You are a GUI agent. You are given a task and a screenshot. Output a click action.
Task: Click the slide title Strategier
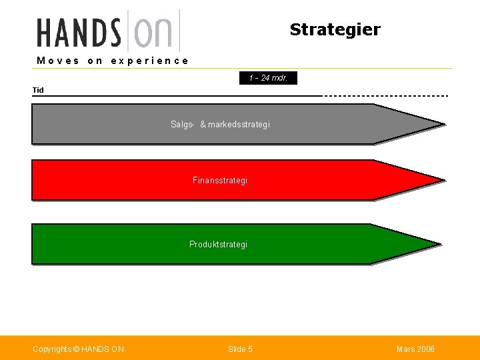pyautogui.click(x=335, y=29)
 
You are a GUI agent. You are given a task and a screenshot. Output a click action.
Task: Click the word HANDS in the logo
pyautogui.click(x=79, y=32)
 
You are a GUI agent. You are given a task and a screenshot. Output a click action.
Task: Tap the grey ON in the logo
pyautogui.click(x=153, y=32)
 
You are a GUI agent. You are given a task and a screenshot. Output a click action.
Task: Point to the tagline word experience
pyautogui.click(x=149, y=61)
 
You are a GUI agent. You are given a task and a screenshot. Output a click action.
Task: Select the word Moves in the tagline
pyautogui.click(x=58, y=61)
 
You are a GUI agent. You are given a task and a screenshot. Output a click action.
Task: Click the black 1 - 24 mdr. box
pyautogui.click(x=268, y=78)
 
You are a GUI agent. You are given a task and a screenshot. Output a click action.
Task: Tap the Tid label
pyautogui.click(x=38, y=90)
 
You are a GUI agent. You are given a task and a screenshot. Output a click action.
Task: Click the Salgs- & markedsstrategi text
pyautogui.click(x=220, y=125)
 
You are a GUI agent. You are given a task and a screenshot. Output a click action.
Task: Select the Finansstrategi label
pyautogui.click(x=219, y=181)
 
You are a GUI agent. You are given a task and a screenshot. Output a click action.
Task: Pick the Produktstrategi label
pyautogui.click(x=218, y=245)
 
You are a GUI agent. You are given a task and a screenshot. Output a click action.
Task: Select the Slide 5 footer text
pyautogui.click(x=240, y=349)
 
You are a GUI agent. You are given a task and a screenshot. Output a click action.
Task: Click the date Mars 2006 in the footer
pyautogui.click(x=415, y=349)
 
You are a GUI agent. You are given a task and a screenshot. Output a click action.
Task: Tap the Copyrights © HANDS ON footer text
pyautogui.click(x=78, y=349)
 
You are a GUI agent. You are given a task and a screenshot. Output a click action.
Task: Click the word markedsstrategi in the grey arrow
pyautogui.click(x=239, y=125)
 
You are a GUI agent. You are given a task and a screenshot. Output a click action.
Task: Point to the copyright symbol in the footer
pyautogui.click(x=76, y=349)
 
